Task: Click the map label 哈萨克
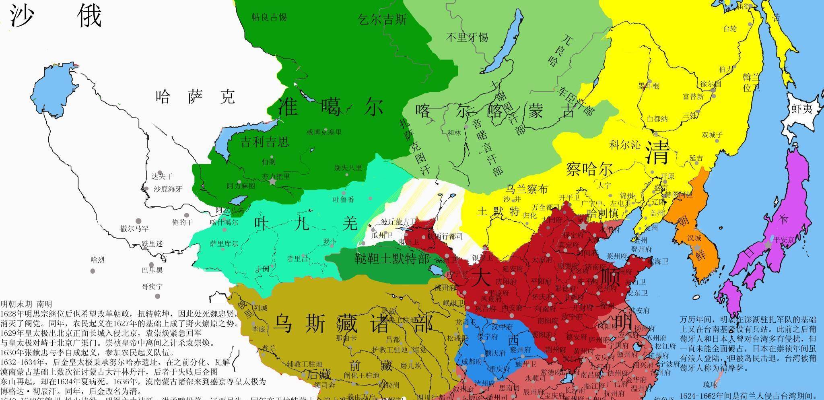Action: click(195, 97)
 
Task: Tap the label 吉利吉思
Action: click(264, 142)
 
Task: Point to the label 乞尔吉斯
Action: click(382, 19)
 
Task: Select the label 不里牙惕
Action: click(467, 37)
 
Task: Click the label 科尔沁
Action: click(624, 145)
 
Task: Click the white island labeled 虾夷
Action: click(802, 109)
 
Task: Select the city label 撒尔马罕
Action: click(134, 229)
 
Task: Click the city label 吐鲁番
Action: click(344, 199)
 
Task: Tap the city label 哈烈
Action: click(97, 260)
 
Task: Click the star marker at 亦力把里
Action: click(273, 182)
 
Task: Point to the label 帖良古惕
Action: click(269, 17)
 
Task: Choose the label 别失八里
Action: click(348, 168)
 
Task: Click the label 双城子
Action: click(712, 135)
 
